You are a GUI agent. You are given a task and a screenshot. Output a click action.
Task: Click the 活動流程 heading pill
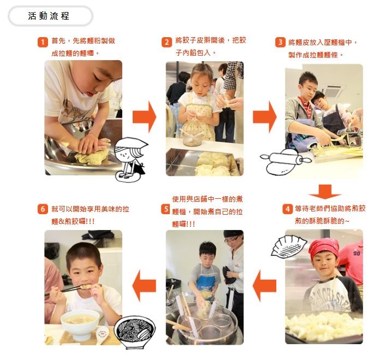tap(50, 16)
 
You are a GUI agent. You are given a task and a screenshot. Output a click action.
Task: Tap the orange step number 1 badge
tap(43, 42)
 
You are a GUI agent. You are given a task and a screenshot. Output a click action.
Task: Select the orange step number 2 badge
tap(167, 42)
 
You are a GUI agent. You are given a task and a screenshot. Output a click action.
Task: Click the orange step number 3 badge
tap(280, 42)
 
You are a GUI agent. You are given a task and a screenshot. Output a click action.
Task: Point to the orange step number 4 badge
tap(287, 209)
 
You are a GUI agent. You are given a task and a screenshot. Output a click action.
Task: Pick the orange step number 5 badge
tap(165, 209)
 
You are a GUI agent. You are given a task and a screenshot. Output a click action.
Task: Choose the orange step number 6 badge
tap(43, 209)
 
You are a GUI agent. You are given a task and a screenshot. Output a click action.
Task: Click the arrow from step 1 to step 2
tap(144, 117)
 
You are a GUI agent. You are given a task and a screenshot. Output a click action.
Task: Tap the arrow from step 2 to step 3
tap(265, 117)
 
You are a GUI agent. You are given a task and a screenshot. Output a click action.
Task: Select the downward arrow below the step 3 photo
tap(325, 192)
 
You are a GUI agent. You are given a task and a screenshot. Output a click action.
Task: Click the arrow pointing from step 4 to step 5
tap(264, 286)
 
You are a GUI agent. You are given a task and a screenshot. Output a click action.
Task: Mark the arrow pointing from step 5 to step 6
tap(144, 286)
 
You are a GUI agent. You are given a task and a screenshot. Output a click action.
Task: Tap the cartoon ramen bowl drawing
tap(134, 332)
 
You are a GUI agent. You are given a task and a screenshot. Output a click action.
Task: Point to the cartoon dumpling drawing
tap(289, 247)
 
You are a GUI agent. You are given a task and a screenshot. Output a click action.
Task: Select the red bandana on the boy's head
tap(324, 247)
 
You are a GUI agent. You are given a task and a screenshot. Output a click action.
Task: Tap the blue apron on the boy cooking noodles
tap(205, 286)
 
